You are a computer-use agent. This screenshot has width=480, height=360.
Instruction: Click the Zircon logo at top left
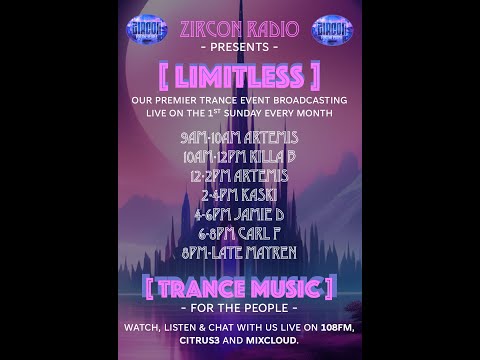click(146, 29)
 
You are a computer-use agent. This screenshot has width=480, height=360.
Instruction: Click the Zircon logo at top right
click(332, 29)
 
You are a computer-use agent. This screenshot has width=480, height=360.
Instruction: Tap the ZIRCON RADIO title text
click(239, 28)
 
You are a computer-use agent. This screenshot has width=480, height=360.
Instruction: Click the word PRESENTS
click(239, 47)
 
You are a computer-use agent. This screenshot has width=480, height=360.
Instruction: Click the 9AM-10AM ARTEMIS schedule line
click(239, 137)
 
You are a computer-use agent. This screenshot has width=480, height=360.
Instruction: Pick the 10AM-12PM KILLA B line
click(239, 156)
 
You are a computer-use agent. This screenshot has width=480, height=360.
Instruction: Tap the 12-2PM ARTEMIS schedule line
click(239, 176)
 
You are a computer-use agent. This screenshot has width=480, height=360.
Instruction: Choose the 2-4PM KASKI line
click(239, 195)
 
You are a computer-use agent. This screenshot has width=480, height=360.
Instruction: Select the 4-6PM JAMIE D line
click(239, 214)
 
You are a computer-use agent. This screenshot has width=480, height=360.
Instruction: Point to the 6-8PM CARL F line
click(239, 233)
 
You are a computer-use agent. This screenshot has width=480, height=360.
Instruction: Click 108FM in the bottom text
click(335, 328)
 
